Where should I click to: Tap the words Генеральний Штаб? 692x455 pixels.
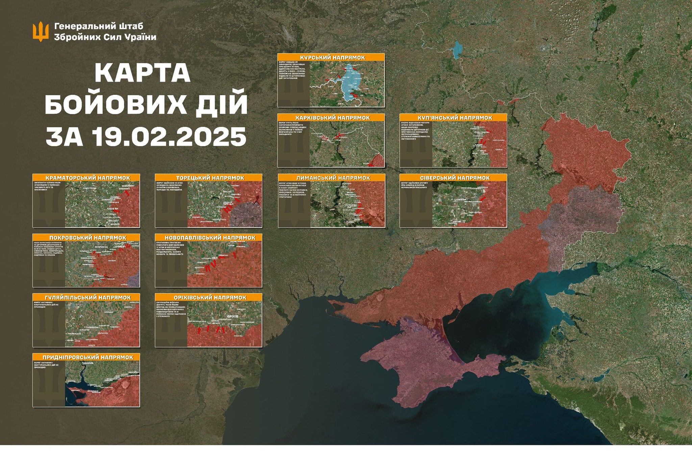click(x=99, y=26)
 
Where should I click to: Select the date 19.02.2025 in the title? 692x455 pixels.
click(x=169, y=136)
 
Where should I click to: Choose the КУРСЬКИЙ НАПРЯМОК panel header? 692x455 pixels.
click(x=331, y=57)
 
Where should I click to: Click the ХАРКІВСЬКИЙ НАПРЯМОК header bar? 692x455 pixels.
click(x=331, y=118)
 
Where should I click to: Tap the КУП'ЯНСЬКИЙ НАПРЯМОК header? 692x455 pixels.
click(x=453, y=118)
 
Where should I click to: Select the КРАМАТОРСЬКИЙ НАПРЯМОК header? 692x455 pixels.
click(x=86, y=178)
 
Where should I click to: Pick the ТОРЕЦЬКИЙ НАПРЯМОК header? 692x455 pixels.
click(x=208, y=178)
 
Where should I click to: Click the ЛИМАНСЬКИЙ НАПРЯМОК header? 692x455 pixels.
click(x=331, y=178)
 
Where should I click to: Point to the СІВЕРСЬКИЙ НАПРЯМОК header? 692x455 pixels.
click(x=453, y=178)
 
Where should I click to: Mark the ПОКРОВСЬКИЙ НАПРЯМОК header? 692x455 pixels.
click(x=86, y=238)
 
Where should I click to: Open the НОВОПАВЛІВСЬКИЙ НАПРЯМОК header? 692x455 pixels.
click(x=208, y=238)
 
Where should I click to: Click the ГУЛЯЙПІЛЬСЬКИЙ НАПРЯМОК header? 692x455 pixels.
click(x=86, y=297)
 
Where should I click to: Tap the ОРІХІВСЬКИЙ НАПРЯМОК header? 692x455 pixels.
click(x=208, y=297)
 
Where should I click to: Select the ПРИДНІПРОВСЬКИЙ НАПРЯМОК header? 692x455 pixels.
click(x=86, y=357)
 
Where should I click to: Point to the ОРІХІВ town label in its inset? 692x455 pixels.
click(x=233, y=317)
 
